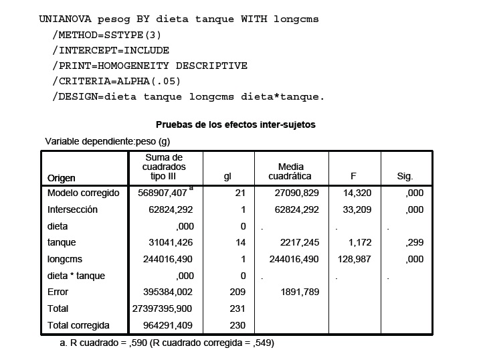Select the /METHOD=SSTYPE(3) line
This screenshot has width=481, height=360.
point(106,35)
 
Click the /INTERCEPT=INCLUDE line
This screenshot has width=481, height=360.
point(110,50)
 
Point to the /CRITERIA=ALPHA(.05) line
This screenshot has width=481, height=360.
point(116,81)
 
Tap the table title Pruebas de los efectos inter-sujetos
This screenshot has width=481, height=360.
point(235,124)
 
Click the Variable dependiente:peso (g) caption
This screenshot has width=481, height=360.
point(108,141)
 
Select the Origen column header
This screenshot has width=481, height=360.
point(62,177)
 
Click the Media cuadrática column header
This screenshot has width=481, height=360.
point(290,171)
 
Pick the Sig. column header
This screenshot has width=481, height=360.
point(405,177)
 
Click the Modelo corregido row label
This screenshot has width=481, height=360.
point(83,193)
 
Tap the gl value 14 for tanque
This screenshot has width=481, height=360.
point(241,242)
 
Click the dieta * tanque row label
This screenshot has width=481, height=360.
point(76,276)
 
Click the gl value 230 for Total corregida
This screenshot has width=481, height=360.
point(239,326)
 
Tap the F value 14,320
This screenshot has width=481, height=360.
point(357,193)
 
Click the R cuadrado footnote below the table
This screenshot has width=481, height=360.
point(167,343)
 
